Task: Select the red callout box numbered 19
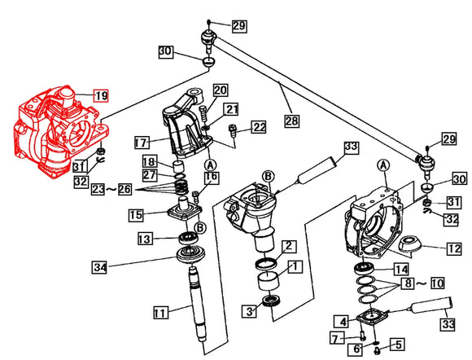(101, 95)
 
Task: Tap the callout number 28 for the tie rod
(291, 121)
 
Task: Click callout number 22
(258, 126)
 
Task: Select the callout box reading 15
(135, 215)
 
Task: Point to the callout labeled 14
(400, 269)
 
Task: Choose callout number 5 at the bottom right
(399, 344)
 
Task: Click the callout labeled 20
(220, 90)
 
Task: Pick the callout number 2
(289, 245)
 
